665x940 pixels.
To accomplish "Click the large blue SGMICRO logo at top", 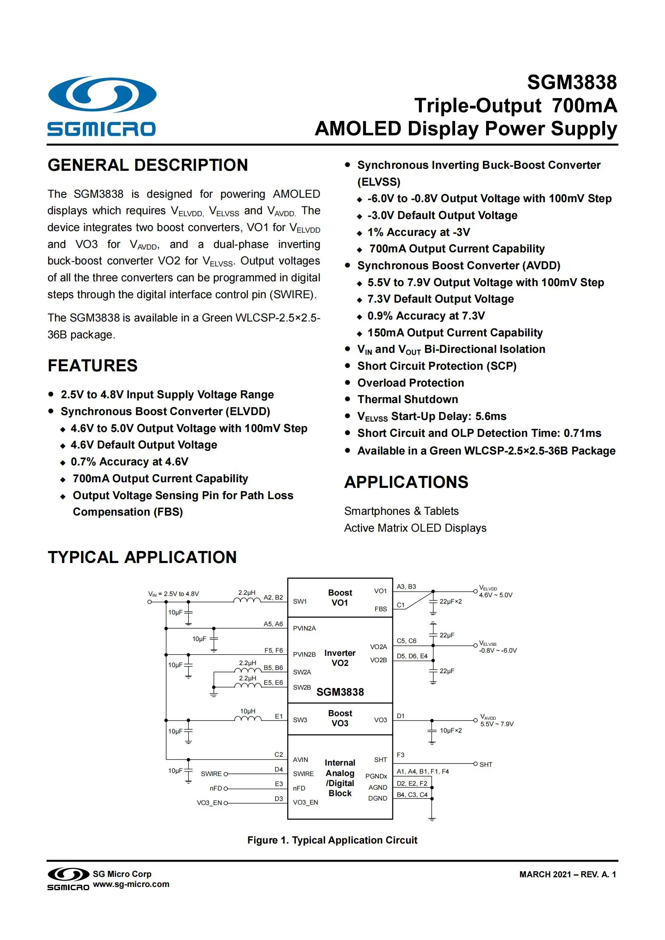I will (102, 106).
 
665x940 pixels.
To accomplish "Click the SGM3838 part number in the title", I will (571, 82).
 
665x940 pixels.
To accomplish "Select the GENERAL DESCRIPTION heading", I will (148, 165).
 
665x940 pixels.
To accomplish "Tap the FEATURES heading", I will (92, 366).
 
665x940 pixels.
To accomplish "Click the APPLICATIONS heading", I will (406, 482).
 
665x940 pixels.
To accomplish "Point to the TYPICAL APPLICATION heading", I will (142, 557).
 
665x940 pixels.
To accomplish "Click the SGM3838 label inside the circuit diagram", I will (340, 692).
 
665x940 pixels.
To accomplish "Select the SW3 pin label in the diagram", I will (300, 720).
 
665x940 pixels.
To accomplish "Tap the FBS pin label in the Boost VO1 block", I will (380, 609).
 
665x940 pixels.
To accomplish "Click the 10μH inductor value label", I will (247, 711).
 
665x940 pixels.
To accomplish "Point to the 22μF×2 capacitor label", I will (450, 602).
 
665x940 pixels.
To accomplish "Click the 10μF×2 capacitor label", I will (450, 730).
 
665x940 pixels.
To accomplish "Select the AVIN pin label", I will (300, 760).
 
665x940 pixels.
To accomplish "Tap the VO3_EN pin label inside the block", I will (305, 802).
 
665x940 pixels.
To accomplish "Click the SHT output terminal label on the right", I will (486, 764).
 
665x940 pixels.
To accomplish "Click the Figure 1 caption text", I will (332, 840).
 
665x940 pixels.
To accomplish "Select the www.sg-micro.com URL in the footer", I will (131, 884).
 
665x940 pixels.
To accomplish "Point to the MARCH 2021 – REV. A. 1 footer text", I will (567, 874).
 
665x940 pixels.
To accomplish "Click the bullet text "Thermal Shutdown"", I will (407, 399).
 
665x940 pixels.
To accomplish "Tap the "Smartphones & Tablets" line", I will (401, 511).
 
